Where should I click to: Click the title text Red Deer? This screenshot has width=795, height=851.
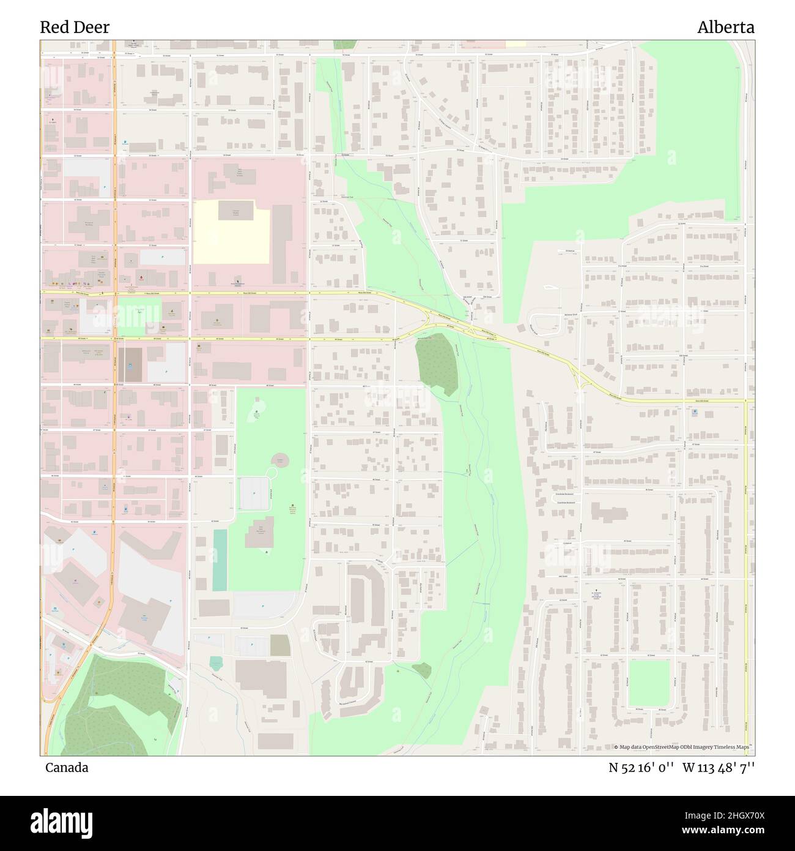pyautogui.click(x=75, y=27)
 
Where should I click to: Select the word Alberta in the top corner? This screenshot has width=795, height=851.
pyautogui.click(x=726, y=27)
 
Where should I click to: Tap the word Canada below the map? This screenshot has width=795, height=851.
pyautogui.click(x=66, y=767)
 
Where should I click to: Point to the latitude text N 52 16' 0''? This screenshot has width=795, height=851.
pyautogui.click(x=642, y=768)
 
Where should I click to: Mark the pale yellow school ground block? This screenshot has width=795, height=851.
pyautogui.click(x=231, y=233)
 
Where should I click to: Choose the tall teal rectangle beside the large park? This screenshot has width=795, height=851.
pyautogui.click(x=220, y=560)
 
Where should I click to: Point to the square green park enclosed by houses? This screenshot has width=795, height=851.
pyautogui.click(x=649, y=683)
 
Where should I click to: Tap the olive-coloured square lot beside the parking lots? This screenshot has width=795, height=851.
pyautogui.click(x=279, y=645)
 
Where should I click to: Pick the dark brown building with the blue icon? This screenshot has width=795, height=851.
pyautogui.click(x=129, y=365)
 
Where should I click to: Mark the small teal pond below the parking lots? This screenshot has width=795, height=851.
pyautogui.click(x=216, y=663)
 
